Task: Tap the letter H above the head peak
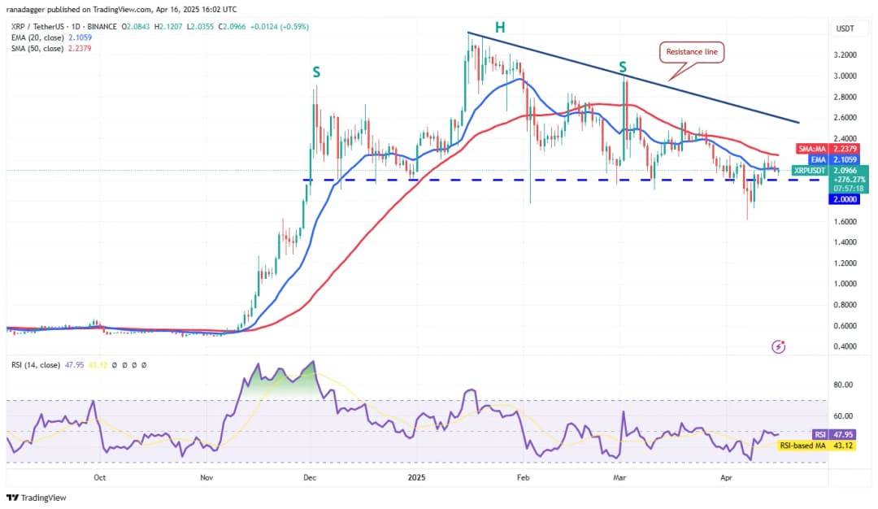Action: tap(500, 28)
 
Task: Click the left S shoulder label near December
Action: tap(316, 72)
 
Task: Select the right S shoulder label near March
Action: tap(623, 66)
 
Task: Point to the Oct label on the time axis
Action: tap(100, 479)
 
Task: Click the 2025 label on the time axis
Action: tap(417, 479)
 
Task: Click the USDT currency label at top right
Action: tap(845, 28)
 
